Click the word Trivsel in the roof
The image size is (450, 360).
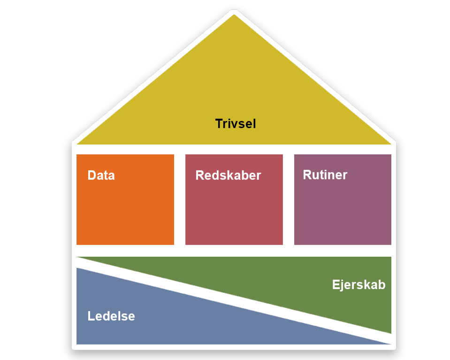pyautogui.click(x=235, y=124)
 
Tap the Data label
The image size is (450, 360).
pyautogui.click(x=101, y=176)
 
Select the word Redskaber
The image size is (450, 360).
pyautogui.click(x=228, y=176)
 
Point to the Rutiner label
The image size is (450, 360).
pyautogui.click(x=325, y=175)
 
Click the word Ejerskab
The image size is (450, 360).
pyautogui.click(x=358, y=284)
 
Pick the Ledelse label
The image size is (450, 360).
pyautogui.click(x=111, y=316)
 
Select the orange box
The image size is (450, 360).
pyautogui.click(x=125, y=211)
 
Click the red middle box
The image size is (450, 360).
pyautogui.click(x=234, y=211)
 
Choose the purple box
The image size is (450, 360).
pyautogui.click(x=343, y=211)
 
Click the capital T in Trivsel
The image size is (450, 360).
pyautogui.click(x=219, y=124)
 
